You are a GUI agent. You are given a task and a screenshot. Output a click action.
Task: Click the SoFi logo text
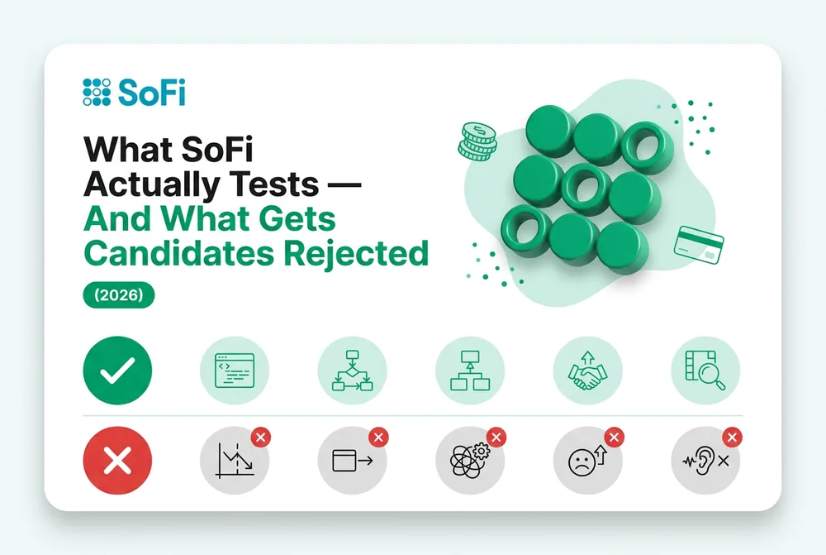coord(152,93)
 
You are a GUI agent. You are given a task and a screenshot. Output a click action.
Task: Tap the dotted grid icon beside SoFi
coord(97,93)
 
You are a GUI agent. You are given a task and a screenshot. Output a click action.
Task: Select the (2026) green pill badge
coord(118,294)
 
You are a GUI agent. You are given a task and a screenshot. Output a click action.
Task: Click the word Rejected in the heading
coord(356,253)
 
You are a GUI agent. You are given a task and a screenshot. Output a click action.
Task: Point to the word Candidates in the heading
coord(179,253)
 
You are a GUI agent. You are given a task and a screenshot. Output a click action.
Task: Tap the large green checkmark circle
coord(117,371)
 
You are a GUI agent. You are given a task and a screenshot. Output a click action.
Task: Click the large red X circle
coord(117,461)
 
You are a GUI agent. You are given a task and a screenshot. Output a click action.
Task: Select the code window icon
coord(235,371)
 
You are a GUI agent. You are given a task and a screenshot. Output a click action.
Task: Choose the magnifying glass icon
coord(705,371)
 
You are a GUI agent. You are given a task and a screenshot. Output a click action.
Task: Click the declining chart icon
coord(235,461)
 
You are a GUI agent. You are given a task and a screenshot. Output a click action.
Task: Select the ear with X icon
coord(705,461)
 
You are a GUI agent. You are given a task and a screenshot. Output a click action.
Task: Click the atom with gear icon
coord(470,461)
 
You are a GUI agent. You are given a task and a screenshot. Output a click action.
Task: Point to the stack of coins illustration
coord(477,141)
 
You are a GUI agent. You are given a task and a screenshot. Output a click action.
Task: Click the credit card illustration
coord(699,245)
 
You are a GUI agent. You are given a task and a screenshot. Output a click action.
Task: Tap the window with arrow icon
coord(353,461)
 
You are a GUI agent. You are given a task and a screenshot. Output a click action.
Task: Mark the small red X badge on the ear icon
coord(732,437)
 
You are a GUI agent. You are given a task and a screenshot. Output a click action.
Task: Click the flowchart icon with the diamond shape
coord(353,371)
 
